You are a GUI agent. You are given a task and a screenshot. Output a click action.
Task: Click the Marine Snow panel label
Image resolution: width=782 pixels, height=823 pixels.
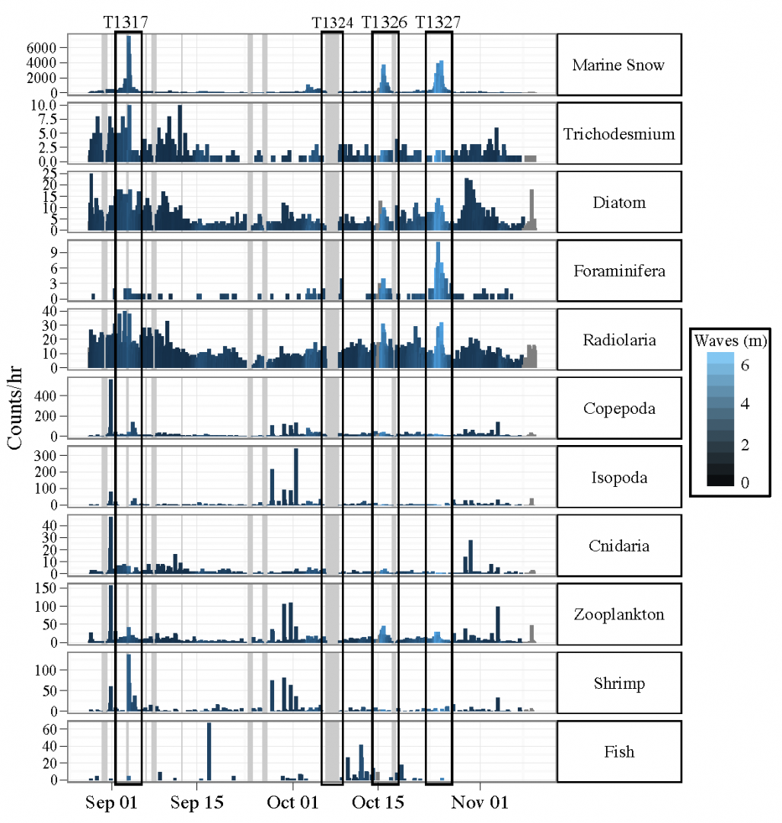(618, 65)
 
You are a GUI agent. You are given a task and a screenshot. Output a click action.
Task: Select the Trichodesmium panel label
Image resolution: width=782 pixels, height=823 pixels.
(618, 134)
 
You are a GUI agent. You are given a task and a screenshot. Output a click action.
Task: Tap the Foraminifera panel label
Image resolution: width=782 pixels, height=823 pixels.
(618, 271)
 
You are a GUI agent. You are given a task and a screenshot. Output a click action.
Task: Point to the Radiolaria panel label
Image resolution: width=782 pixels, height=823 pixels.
(618, 340)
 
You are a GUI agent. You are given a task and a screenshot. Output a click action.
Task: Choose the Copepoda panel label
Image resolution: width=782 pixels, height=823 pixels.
(618, 408)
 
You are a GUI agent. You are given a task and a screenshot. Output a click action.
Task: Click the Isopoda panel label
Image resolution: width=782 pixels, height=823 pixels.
(618, 478)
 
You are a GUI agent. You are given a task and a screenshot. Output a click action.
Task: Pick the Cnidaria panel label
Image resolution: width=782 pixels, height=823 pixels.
(618, 546)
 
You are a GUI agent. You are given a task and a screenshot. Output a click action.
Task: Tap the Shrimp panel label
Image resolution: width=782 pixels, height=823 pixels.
(618, 684)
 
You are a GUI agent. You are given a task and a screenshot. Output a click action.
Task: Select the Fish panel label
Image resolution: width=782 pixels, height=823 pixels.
(618, 752)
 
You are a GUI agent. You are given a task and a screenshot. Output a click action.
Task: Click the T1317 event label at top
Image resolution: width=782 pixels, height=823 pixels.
(126, 22)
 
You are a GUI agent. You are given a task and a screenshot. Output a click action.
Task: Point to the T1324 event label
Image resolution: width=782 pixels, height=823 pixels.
(333, 23)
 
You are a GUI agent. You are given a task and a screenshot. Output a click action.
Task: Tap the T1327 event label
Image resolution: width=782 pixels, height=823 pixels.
(438, 22)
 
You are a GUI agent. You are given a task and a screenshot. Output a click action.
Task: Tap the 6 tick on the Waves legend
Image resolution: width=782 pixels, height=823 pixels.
(745, 366)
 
